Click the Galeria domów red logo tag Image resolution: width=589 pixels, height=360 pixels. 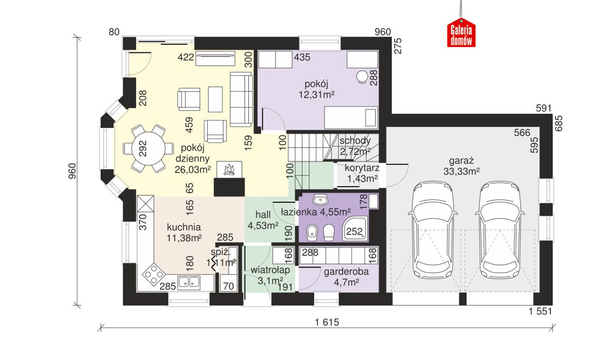461,33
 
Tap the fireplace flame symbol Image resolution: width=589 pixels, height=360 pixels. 229,170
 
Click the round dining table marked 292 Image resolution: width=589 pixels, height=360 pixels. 149,149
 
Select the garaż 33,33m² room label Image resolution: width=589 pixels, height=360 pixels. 462,166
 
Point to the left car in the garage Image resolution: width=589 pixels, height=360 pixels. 433,230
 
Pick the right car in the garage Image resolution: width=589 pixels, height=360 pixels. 500,230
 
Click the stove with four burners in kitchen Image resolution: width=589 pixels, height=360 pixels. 154,274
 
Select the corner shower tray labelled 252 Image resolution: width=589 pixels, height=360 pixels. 355,229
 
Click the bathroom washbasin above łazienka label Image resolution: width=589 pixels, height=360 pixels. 321,200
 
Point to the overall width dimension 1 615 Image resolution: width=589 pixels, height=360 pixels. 327,322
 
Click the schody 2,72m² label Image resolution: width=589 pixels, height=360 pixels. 355,146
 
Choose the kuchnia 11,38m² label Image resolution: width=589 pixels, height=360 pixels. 184,233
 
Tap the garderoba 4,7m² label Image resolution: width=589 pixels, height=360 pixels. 346,277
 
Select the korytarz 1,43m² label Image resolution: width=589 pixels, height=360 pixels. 362,173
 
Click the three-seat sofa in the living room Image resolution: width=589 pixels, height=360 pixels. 241,99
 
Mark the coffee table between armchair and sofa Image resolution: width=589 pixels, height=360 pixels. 215,99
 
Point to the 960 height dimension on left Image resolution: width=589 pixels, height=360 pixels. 72,171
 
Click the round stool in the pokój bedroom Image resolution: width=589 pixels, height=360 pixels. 362,76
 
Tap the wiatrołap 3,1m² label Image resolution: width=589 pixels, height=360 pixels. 270,275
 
